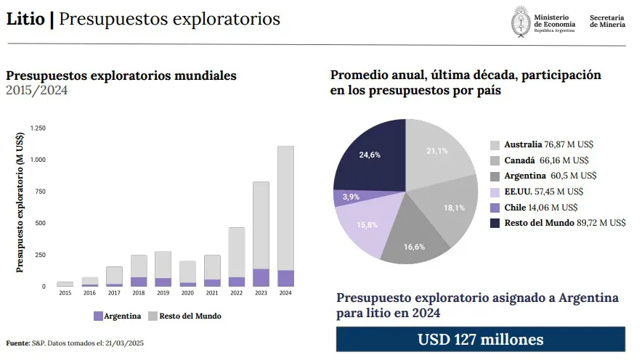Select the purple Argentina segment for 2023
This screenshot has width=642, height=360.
coord(261,278)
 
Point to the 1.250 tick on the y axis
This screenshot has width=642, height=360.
coord(38,128)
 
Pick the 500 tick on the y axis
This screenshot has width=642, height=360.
coord(40,223)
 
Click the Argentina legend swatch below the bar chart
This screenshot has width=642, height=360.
coord(98,316)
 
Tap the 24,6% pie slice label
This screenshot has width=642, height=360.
coord(370,155)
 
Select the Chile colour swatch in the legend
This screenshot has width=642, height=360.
coord(495,207)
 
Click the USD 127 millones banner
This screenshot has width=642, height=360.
coord(480,340)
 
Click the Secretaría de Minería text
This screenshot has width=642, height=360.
coord(607,21)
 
